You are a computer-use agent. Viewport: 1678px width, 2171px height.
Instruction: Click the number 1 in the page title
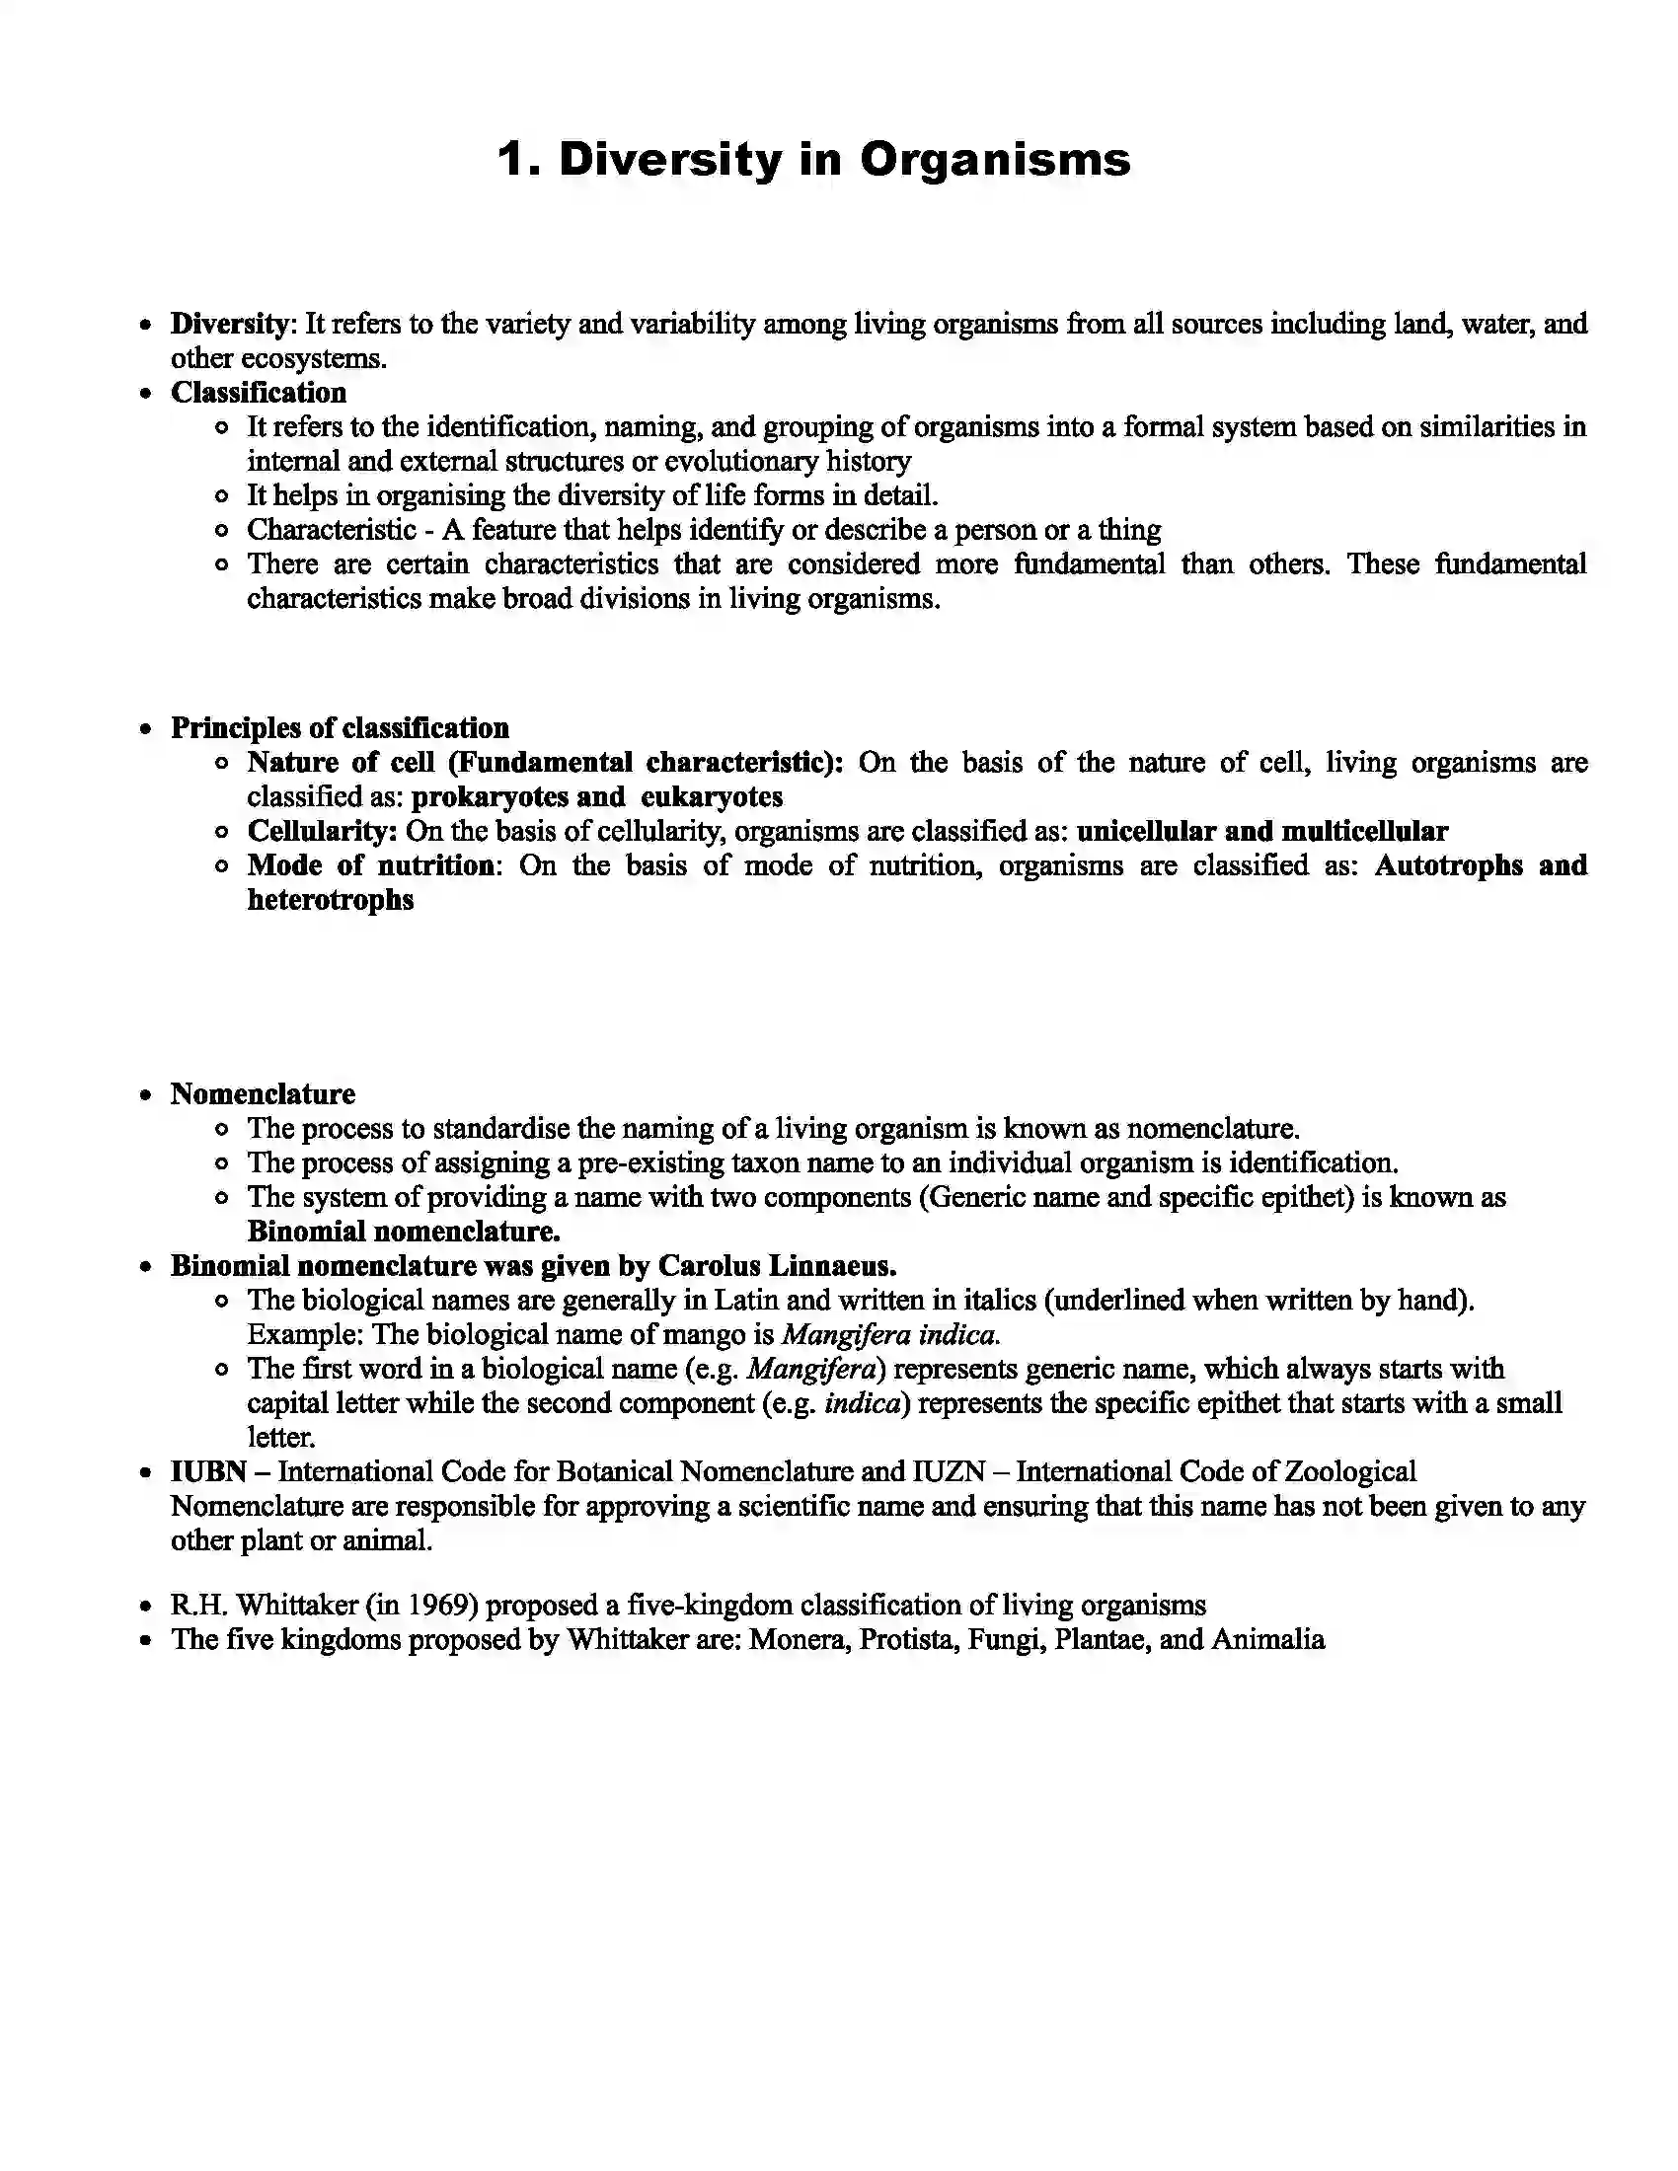tap(513, 159)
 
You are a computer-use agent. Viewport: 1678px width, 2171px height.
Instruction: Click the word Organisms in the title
tap(995, 159)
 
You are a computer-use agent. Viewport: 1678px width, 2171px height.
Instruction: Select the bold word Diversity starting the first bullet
tap(229, 324)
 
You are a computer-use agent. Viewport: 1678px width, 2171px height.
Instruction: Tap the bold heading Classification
tap(259, 393)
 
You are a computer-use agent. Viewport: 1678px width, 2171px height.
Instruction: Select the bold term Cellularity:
tap(322, 831)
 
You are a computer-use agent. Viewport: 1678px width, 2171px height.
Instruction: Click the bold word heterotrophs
tap(330, 900)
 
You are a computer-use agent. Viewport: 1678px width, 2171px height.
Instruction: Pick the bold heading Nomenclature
tap(263, 1094)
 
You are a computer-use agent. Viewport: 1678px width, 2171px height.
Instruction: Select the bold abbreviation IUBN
tap(207, 1472)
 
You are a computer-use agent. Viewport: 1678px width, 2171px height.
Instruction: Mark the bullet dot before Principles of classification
tap(146, 729)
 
